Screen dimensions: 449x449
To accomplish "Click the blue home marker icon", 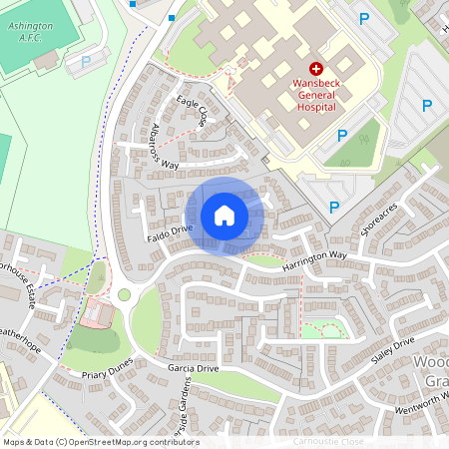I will tap(224, 215).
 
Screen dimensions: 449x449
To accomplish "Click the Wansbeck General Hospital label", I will tap(315, 94).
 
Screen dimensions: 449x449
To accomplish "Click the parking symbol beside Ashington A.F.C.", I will tap(86, 61).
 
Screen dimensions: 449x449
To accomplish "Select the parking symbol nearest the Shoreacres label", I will tap(333, 207).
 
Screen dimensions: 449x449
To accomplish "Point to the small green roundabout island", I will tap(124, 294).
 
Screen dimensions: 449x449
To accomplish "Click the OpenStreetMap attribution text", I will tap(100, 442).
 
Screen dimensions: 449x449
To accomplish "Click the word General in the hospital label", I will tap(315, 94).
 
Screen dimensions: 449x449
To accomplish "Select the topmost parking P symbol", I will tap(363, 18).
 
